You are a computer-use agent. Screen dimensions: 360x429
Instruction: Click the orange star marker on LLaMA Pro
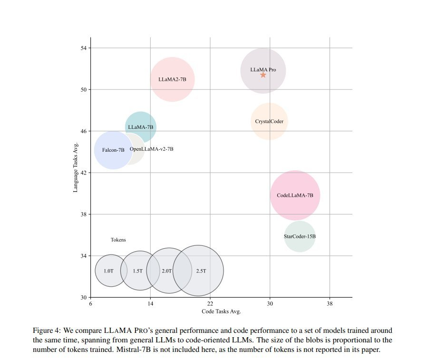(x=263, y=75)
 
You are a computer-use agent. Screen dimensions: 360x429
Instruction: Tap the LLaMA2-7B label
(x=172, y=80)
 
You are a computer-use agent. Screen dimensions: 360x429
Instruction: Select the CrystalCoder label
(x=269, y=121)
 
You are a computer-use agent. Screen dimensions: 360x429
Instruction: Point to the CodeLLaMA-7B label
(x=295, y=195)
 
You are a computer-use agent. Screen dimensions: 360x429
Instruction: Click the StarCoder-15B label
(x=300, y=236)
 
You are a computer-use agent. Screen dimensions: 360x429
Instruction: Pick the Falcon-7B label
(x=113, y=150)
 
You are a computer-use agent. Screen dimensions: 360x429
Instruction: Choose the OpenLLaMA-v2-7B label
(x=151, y=149)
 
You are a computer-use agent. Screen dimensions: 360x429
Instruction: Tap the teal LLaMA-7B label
(x=140, y=127)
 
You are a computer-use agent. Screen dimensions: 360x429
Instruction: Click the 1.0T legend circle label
(x=108, y=271)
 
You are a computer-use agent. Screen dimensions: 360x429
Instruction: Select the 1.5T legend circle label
(x=137, y=271)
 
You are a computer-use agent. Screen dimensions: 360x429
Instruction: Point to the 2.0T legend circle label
(x=166, y=271)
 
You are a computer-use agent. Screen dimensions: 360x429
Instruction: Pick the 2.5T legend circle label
(x=201, y=271)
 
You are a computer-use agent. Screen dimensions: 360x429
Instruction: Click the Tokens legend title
(x=118, y=240)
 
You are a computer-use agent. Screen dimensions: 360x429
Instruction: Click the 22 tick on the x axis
(x=210, y=303)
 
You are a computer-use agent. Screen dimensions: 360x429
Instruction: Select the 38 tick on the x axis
(x=330, y=303)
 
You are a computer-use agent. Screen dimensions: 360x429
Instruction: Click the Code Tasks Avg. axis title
(x=221, y=311)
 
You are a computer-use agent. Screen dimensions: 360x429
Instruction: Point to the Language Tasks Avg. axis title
(x=76, y=165)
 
